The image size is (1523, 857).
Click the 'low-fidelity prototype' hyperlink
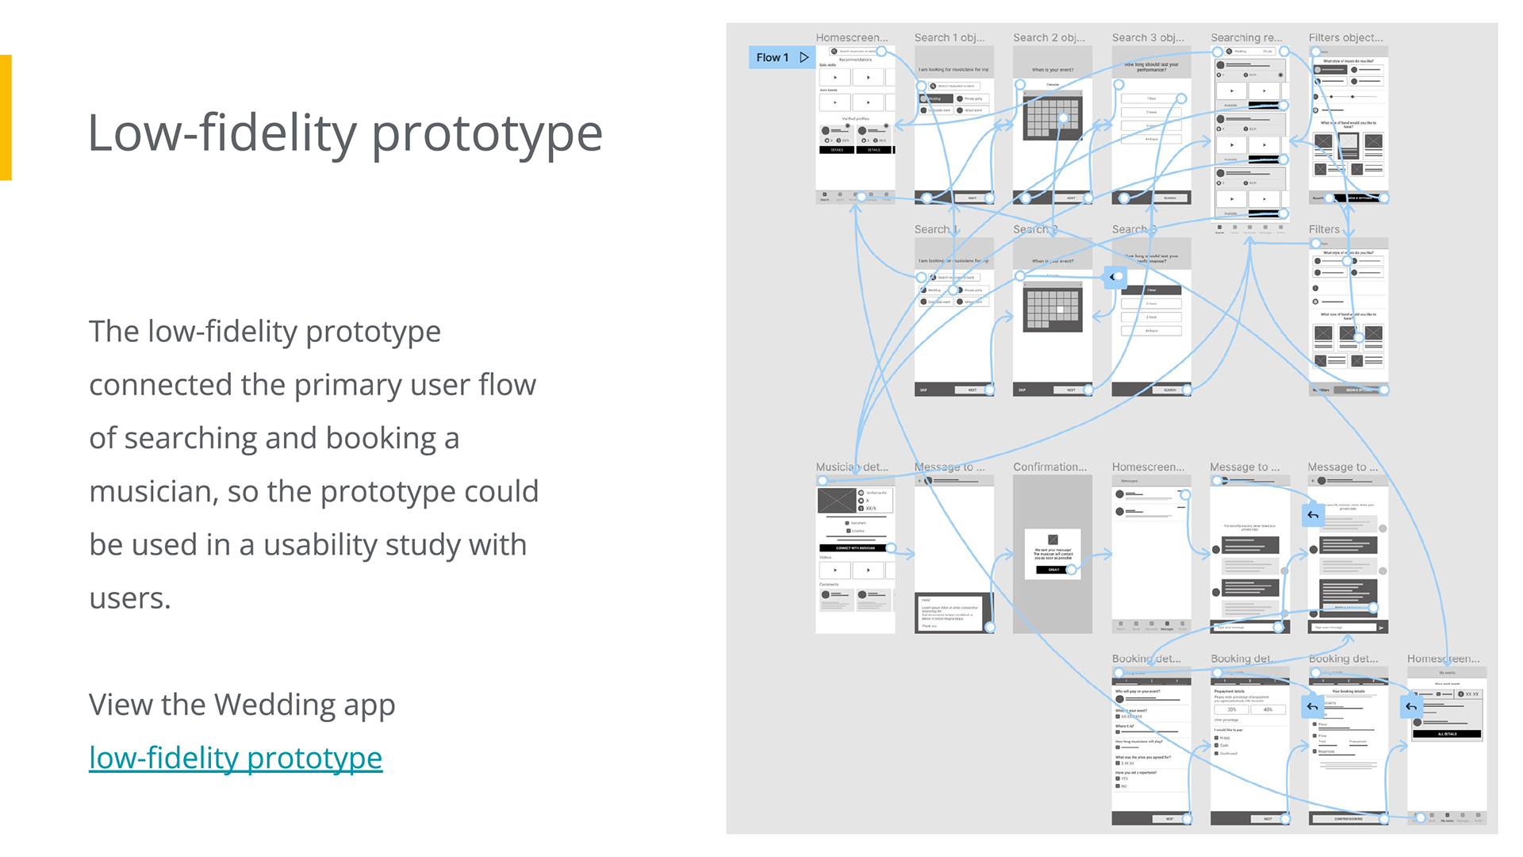[236, 758]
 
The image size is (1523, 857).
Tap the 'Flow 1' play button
[804, 57]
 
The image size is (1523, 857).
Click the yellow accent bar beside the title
[6, 117]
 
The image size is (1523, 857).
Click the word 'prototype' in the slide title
[486, 133]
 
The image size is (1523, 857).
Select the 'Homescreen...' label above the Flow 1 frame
[851, 37]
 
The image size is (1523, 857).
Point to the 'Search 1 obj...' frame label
[949, 37]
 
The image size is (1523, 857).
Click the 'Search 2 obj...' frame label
[1048, 37]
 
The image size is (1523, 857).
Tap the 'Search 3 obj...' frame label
[1147, 37]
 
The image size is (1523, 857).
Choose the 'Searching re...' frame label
[1245, 37]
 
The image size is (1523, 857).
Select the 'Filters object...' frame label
[1345, 37]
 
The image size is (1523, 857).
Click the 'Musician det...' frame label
[851, 467]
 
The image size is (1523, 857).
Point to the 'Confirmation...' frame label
[1049, 467]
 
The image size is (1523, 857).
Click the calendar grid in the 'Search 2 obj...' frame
[1053, 117]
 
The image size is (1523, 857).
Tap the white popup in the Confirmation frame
[1053, 553]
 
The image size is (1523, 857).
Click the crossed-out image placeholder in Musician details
[837, 500]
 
